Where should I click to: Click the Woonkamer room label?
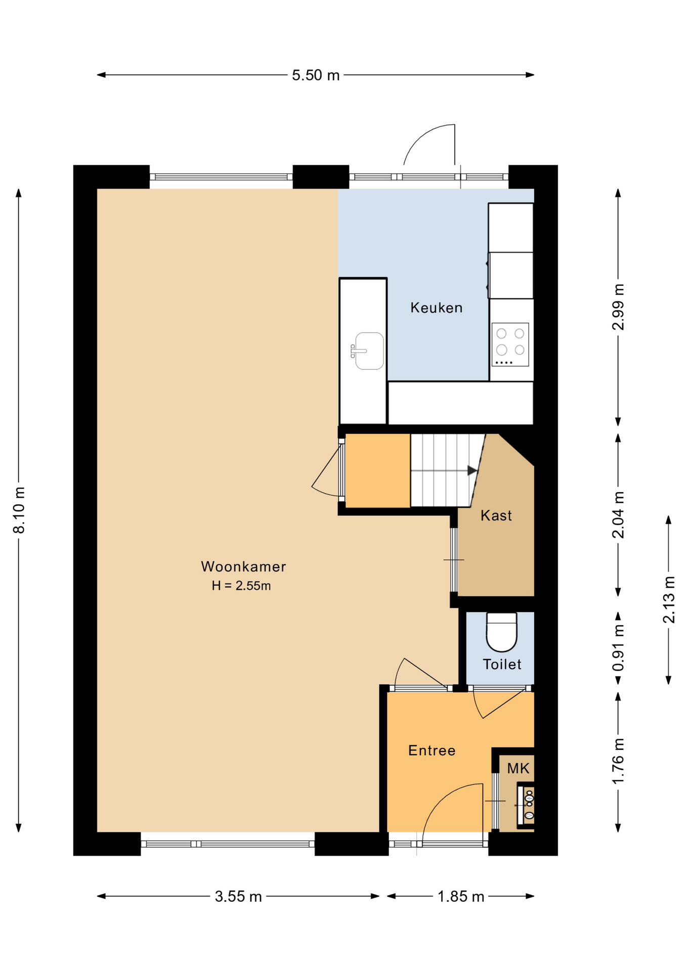point(243,566)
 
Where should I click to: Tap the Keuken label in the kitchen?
point(437,307)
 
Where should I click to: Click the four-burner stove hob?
point(510,344)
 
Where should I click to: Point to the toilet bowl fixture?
point(501,632)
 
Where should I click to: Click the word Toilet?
point(502,664)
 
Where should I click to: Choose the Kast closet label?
point(496,515)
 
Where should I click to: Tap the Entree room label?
point(432,751)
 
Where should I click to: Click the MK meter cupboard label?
point(518,768)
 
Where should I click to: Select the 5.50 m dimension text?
point(316,75)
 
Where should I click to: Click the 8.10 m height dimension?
point(19,510)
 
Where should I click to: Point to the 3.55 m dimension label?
point(238,897)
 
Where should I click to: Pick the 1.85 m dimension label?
point(461,897)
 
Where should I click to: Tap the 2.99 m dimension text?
point(618,307)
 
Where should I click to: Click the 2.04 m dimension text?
point(618,515)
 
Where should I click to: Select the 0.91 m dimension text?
point(618,648)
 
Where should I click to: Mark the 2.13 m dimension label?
point(669,600)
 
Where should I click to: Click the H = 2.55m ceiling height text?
point(241,586)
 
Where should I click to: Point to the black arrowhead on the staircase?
point(472,470)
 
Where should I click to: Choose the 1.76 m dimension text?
point(618,761)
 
